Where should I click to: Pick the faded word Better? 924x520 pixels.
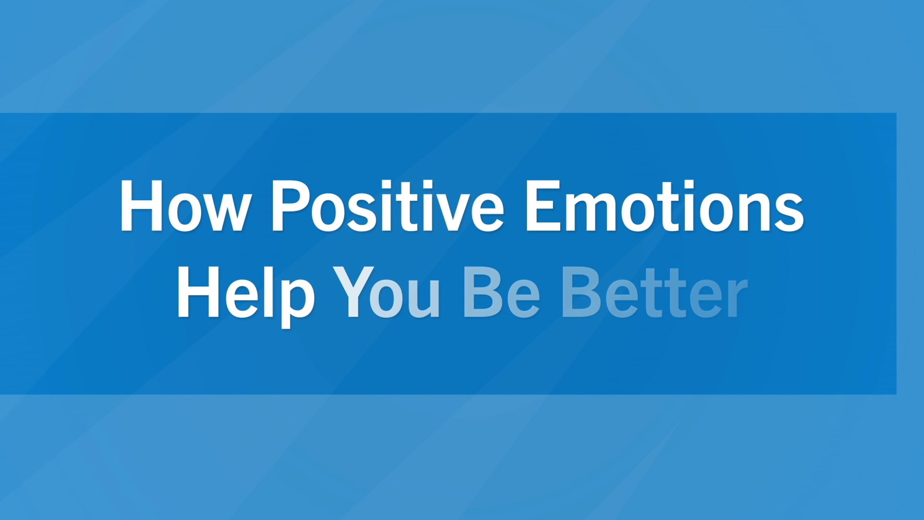tap(654, 293)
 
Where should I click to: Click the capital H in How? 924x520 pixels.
tap(141, 206)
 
